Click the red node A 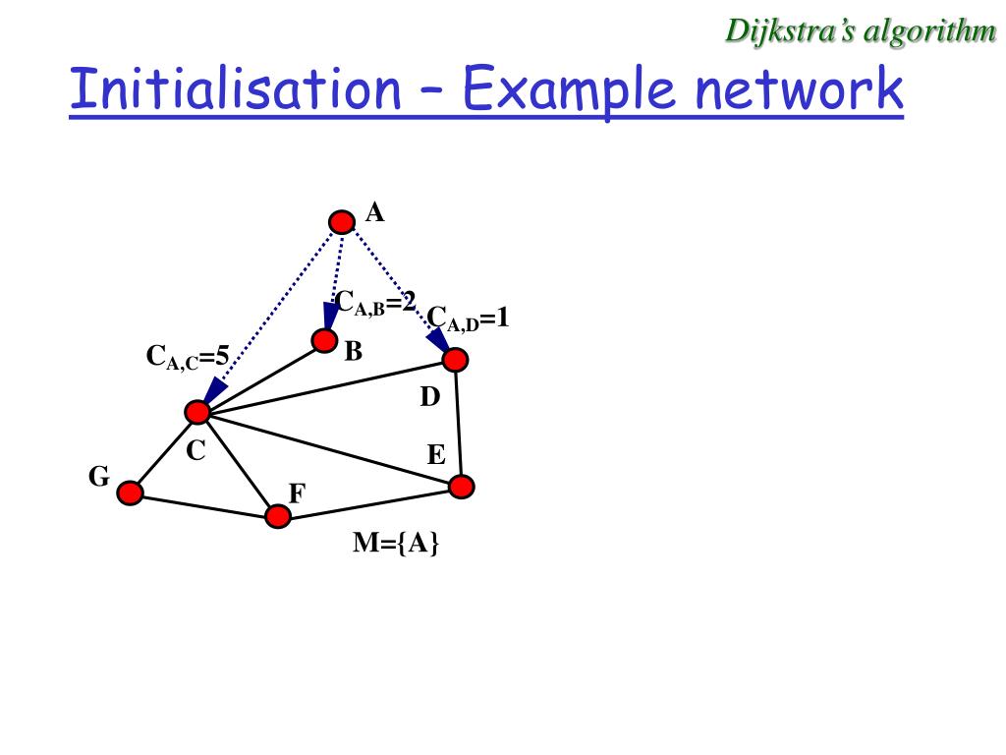click(341, 222)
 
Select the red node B click(324, 340)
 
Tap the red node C click(198, 412)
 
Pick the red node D click(455, 360)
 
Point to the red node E click(462, 486)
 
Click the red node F click(278, 515)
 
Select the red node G click(130, 493)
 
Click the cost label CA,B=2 click(375, 302)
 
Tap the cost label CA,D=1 click(468, 319)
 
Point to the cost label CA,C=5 click(187, 357)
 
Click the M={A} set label click(396, 543)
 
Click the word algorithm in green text click(928, 30)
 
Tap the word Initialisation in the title click(235, 89)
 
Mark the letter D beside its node click(430, 397)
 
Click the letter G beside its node click(98, 477)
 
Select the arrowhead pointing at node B click(330, 316)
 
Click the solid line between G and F click(203, 503)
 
